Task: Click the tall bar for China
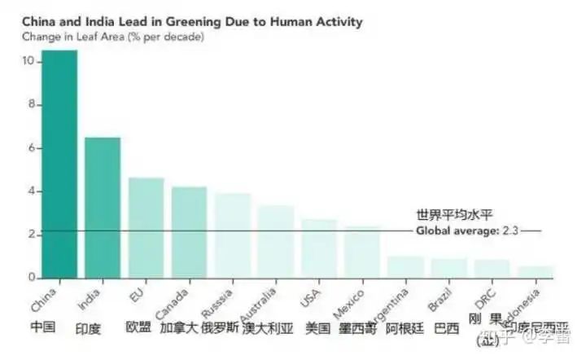click(x=60, y=164)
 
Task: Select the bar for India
click(x=103, y=208)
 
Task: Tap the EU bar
click(x=146, y=228)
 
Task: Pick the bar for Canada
click(x=189, y=233)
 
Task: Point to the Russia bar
click(x=232, y=236)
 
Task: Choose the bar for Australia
click(x=275, y=242)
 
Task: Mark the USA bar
click(x=318, y=249)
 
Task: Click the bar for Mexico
click(x=361, y=252)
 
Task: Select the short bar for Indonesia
click(x=535, y=272)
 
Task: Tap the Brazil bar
click(x=448, y=268)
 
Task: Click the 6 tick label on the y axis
click(x=30, y=148)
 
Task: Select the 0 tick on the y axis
click(x=30, y=278)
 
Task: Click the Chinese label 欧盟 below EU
click(x=138, y=327)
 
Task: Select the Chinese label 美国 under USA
click(x=317, y=328)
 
